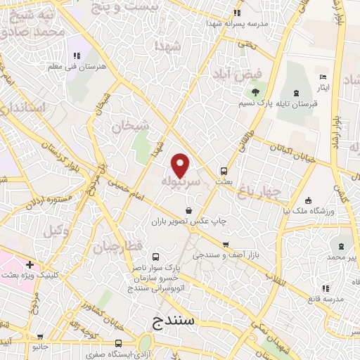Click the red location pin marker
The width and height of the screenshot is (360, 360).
pos(181,165)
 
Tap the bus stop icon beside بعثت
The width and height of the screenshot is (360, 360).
pos(224,170)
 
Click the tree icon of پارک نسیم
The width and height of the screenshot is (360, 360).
pos(255,92)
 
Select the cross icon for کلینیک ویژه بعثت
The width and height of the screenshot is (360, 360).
pos(30,264)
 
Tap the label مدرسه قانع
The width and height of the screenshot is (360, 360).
pos(325,299)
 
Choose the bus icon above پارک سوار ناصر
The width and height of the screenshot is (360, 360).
pos(155,257)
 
